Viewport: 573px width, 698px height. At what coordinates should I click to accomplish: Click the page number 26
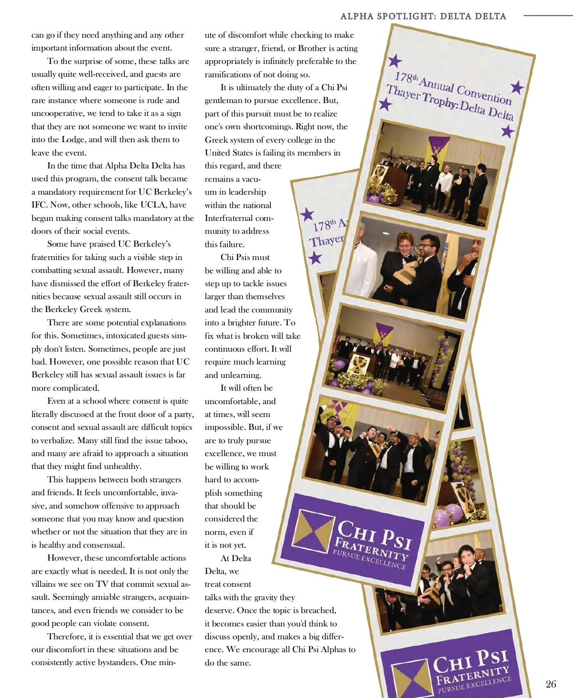551,684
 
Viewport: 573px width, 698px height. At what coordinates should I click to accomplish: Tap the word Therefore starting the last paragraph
66,636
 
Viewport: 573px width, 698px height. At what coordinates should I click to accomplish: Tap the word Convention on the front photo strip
484,94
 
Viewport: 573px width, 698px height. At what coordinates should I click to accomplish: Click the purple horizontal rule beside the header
548,15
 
